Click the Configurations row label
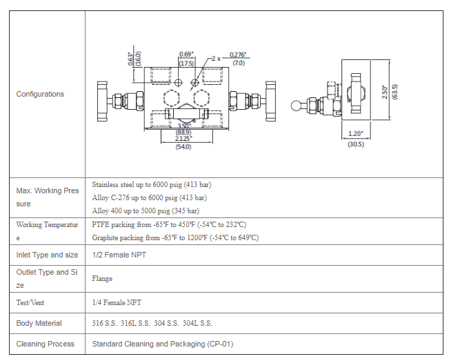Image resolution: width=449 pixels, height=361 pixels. tap(40, 94)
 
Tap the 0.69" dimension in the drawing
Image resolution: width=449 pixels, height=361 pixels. tap(186, 54)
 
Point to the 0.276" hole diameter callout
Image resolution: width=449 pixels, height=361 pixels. tap(238, 55)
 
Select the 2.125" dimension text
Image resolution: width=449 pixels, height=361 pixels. tap(183, 138)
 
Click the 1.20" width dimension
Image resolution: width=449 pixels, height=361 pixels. tap(356, 133)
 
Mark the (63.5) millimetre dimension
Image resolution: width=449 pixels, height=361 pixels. tap(395, 92)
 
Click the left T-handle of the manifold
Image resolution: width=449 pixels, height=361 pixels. tap(102, 101)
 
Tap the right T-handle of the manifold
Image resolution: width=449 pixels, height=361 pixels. tap(270, 101)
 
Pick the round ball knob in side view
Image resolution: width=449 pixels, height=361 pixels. tap(297, 106)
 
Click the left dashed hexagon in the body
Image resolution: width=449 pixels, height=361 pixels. tap(172, 97)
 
